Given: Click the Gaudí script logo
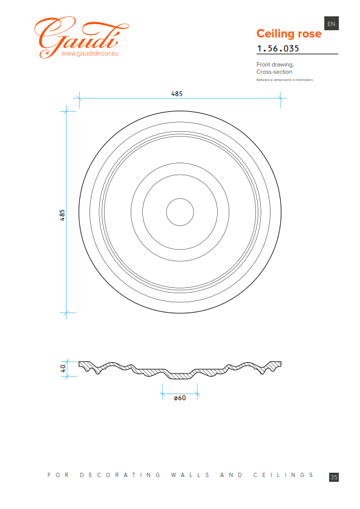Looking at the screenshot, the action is click(x=81, y=37).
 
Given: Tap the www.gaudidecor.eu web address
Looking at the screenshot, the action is click(x=90, y=54).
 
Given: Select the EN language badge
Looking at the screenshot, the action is click(x=332, y=24).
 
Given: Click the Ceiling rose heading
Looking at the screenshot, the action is click(x=289, y=33).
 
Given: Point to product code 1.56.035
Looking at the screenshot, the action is click(x=278, y=48).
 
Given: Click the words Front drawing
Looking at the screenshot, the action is click(x=275, y=65).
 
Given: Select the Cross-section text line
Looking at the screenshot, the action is click(x=274, y=72).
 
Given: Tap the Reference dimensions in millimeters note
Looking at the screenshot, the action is click(x=284, y=80).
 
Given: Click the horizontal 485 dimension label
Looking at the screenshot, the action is click(x=177, y=94).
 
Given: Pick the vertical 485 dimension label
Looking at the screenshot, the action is click(x=62, y=215).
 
